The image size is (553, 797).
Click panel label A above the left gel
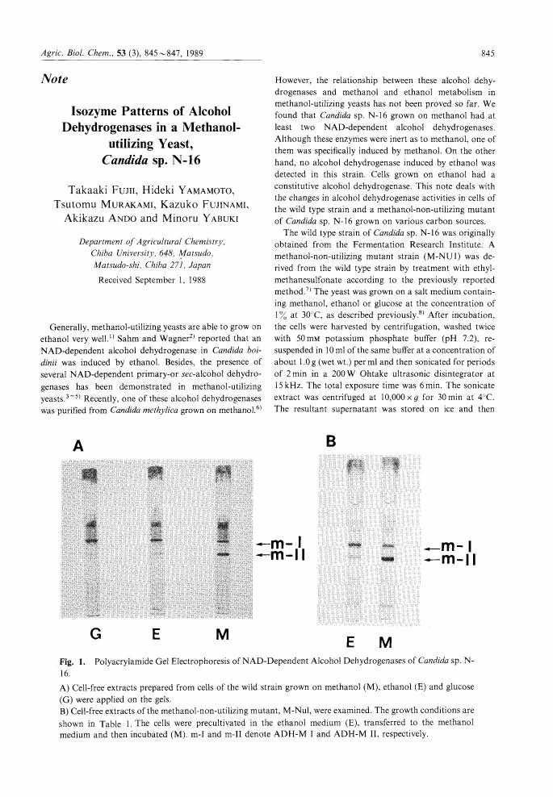(79, 444)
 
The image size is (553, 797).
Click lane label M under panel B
(385, 643)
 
